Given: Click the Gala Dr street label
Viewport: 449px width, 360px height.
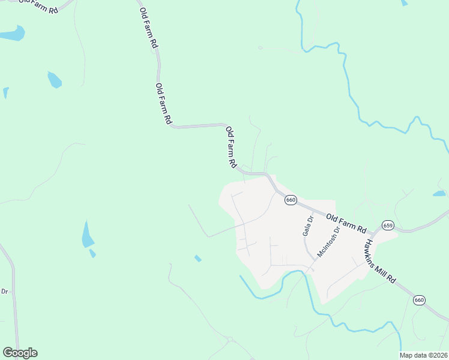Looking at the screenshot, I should pos(307,226).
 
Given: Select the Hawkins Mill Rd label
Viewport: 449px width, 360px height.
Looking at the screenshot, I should pos(380,262).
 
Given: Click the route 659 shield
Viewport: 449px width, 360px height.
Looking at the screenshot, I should pos(388,225).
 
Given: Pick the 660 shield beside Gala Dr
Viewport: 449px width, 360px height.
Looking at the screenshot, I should pos(291,200).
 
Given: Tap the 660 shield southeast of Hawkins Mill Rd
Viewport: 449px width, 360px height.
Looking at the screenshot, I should pos(419,299).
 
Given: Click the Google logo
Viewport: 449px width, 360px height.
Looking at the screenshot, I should pos(20,353).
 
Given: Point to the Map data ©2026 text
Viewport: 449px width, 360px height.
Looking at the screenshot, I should pos(423,355).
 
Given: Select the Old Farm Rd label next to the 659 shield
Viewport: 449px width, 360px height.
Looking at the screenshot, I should pos(346,221).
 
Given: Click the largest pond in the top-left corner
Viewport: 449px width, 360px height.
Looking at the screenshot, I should pos(12,34).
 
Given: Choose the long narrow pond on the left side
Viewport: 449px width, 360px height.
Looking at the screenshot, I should pos(88,235).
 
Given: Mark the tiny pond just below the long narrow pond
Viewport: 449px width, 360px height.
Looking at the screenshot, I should pos(92,253).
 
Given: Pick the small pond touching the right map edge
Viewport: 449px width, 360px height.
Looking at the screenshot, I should pos(439,194).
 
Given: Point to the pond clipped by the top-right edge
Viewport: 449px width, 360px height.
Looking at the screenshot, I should pos(404,2).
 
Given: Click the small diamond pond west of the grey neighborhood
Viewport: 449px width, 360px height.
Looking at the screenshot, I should pos(197,258).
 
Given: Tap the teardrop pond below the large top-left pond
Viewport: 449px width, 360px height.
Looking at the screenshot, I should pos(54,79).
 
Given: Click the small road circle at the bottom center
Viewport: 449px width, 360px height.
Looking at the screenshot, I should pos(230,340).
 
